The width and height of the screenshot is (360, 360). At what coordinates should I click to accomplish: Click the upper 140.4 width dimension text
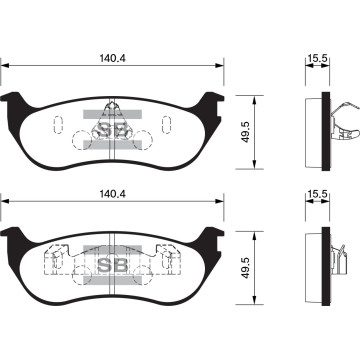click(x=112, y=58)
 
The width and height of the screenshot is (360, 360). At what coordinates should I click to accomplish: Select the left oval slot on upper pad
click(x=57, y=129)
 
